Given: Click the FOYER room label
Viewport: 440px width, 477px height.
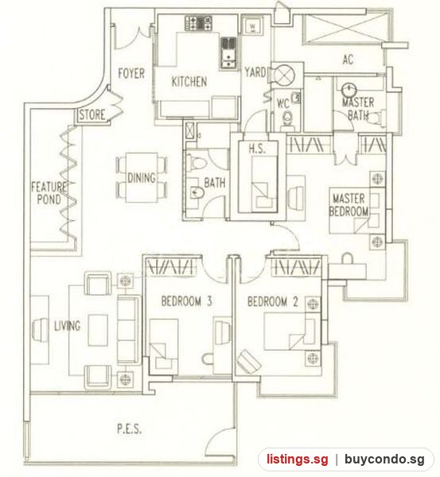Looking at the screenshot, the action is point(131,73).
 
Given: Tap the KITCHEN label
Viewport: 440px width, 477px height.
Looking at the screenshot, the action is point(189,82).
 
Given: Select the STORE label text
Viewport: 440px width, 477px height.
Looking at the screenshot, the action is point(92,114).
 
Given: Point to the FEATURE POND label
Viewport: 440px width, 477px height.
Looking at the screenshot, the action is point(49,193).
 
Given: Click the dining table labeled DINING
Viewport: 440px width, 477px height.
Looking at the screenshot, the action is point(142,177).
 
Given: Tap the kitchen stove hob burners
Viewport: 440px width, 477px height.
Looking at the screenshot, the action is point(199,23).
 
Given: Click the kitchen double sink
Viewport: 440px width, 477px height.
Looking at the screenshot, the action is point(228,53).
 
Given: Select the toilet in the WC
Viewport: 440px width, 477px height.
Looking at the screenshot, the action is point(287,118).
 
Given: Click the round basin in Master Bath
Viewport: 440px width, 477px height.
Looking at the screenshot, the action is point(349,90).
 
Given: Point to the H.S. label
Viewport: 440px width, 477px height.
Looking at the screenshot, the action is point(257,149).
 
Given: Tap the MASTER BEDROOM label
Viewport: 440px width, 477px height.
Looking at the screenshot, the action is point(348,205).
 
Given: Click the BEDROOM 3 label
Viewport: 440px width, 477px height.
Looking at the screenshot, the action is point(186,301).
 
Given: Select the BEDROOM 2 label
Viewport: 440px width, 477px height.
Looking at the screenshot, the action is point(273,302).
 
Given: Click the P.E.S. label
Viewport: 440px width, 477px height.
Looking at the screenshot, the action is point(129,429).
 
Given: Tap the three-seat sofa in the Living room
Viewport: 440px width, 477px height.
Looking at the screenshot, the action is point(128,329).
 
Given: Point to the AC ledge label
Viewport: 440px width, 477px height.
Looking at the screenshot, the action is point(348,60).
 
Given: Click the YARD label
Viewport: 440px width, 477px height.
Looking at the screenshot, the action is point(255,72).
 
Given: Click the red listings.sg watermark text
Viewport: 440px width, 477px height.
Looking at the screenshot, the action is point(298,459).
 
